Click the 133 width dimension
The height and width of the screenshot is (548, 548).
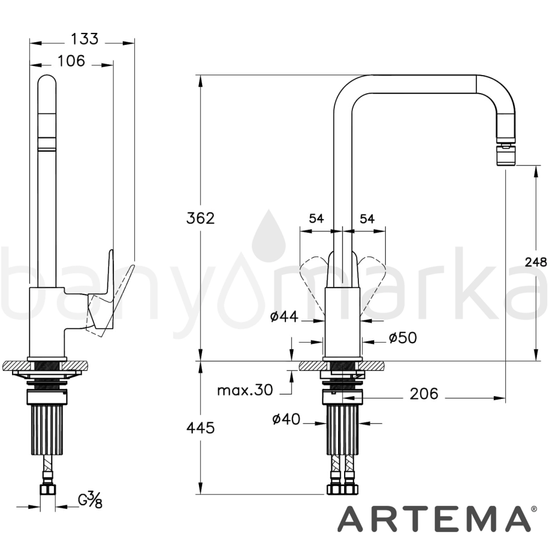(84, 39)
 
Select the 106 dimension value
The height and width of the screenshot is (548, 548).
(71, 61)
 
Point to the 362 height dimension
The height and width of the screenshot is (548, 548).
(200, 218)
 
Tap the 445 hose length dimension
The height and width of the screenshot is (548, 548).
(200, 427)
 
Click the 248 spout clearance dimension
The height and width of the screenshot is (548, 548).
(536, 261)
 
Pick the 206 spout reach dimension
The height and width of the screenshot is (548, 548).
(424, 394)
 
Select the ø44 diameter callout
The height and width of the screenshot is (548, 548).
(284, 317)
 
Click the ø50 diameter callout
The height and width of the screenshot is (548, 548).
(403, 338)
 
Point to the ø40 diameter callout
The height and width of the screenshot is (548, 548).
(286, 419)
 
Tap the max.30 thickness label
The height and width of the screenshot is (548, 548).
(244, 390)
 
